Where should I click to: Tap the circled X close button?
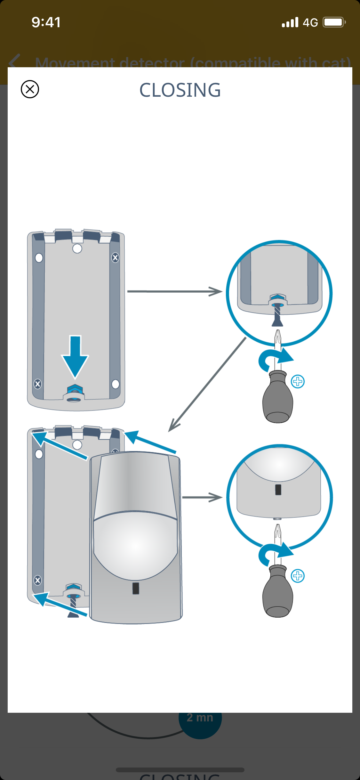30,89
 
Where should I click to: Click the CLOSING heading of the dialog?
180,90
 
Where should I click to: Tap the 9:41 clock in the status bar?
46,22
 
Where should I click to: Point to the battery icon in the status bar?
334,22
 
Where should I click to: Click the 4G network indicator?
310,23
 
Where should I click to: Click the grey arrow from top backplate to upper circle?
174,291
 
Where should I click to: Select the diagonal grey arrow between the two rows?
207,384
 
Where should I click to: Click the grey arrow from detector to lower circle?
202,497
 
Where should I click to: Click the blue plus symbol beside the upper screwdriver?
298,382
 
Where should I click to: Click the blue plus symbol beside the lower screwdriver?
298,576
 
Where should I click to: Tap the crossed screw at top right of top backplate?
115,257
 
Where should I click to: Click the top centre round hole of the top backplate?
77,248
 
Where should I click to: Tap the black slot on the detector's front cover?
136,588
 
